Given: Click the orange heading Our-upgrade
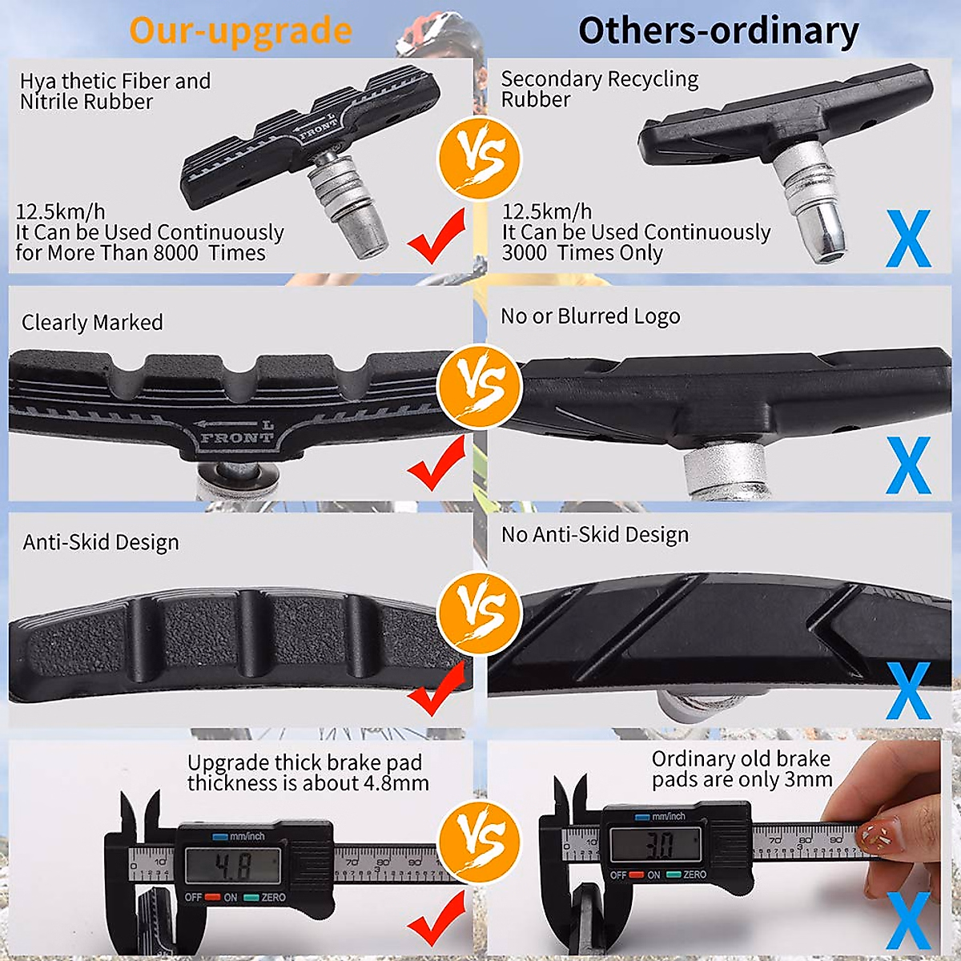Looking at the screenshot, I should (x=240, y=30).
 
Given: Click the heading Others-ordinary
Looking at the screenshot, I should (x=718, y=30).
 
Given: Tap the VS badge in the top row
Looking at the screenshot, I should (x=479, y=158).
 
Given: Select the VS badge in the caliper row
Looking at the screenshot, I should (x=479, y=841).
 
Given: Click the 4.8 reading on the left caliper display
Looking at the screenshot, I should (x=232, y=866).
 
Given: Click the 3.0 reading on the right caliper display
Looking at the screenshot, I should (x=658, y=844).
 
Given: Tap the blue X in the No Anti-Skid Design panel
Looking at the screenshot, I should (x=908, y=690).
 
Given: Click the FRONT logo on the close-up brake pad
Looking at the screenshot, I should (x=236, y=437).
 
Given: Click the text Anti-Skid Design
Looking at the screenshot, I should (x=101, y=542).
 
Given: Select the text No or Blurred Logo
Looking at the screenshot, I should (x=590, y=316).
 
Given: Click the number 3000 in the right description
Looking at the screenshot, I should (x=525, y=253).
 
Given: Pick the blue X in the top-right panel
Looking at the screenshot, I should (x=908, y=239).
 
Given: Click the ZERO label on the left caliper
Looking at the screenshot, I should (x=273, y=897).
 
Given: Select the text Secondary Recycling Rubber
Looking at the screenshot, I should (x=599, y=89).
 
